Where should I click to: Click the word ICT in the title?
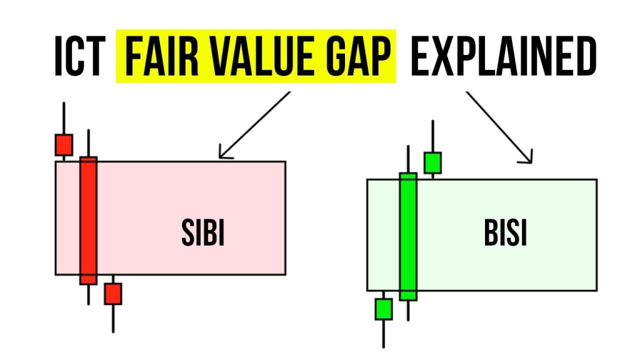coord(79,56)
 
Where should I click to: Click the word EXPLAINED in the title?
coord(503,56)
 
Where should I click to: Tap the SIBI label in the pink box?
coord(203,232)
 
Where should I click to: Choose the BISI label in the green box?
coord(505,232)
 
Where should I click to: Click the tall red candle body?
coord(89,221)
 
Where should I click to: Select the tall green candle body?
coord(408,237)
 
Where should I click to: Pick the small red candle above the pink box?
coord(64,145)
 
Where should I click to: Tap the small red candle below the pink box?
coord(113,294)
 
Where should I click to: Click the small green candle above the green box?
coord(432,163)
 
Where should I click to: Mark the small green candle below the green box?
coord(384,309)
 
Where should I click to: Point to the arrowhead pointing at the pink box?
coord(224,154)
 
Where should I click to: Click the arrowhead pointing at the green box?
coord(527,158)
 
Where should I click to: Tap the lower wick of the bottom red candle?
coord(113,319)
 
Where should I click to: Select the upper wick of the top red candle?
coord(64,118)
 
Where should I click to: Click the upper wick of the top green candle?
coord(432,136)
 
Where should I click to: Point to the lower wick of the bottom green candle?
coord(384,334)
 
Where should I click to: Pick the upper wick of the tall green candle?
coord(408,159)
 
